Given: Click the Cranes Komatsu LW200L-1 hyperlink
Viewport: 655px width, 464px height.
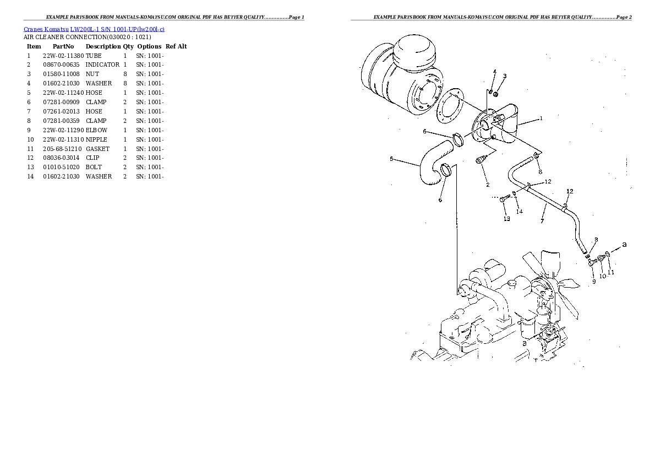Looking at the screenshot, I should (94, 28).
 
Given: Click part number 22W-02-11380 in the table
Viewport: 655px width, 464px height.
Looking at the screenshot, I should (63, 56).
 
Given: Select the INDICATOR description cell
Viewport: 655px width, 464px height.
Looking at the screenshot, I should (102, 65).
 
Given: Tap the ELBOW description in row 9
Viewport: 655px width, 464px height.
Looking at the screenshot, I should (97, 130).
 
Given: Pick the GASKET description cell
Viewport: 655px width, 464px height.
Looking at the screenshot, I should (97, 149).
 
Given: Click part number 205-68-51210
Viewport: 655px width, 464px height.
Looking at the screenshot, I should (63, 149).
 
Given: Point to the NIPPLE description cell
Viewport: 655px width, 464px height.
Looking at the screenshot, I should (96, 139).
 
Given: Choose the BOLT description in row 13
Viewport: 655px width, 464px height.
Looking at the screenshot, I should (94, 167).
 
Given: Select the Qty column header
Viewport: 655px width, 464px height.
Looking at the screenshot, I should (128, 46).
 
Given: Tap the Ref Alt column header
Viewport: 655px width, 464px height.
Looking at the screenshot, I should (176, 46).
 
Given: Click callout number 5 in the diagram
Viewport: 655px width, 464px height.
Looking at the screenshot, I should (391, 159).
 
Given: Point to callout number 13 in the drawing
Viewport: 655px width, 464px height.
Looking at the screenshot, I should (506, 219).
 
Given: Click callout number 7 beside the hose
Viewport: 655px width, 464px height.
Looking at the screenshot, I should (542, 221).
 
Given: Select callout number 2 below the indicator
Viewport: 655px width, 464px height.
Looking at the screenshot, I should (487, 185).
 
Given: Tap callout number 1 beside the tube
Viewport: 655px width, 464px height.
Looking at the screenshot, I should (541, 118).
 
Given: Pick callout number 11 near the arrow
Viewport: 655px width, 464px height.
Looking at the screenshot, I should (611, 272).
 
